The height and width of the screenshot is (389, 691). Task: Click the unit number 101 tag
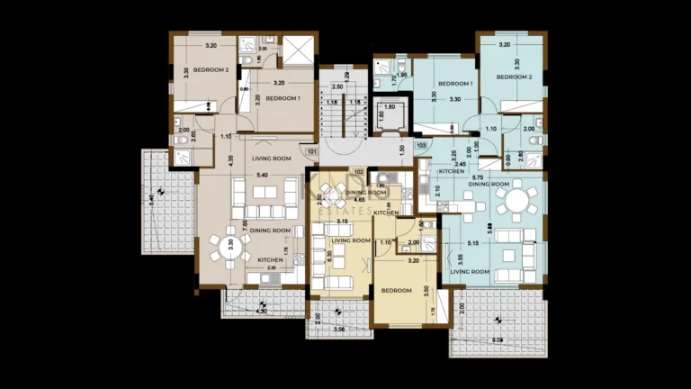tap(311, 152)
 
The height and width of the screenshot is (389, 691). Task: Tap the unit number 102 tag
tap(357, 172)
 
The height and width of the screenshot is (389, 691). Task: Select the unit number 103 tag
tap(420, 145)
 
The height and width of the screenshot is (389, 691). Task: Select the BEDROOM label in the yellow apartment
tap(396, 291)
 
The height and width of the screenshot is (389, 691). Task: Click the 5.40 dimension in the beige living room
tap(263, 174)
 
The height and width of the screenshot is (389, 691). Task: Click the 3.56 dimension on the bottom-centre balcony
tap(338, 329)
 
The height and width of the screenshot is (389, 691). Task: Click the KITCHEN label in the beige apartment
tap(271, 260)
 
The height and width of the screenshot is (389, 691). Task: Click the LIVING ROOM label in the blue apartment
tap(469, 271)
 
